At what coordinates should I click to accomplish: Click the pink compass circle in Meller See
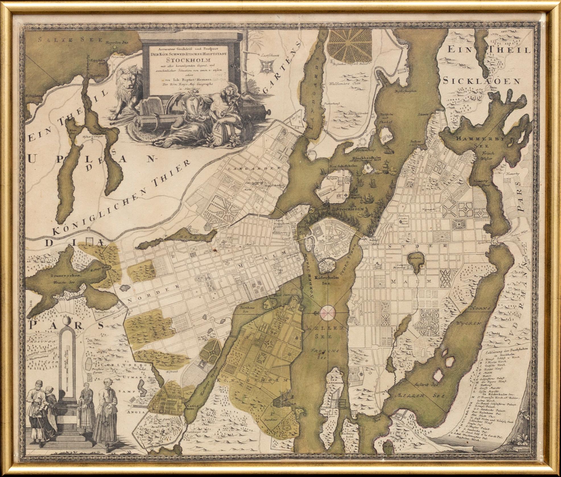tap(327, 313)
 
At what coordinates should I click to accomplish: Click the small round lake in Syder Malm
tap(416, 259)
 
